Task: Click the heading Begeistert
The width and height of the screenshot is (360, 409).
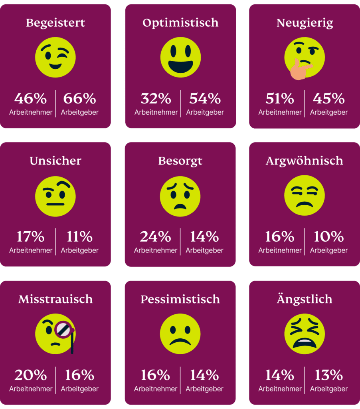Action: pyautogui.click(x=55, y=23)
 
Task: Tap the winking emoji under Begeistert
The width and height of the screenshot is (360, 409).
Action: pyautogui.click(x=55, y=57)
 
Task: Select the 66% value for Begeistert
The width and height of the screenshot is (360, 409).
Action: pyautogui.click(x=79, y=98)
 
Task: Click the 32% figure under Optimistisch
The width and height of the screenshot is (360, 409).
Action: pyautogui.click(x=156, y=98)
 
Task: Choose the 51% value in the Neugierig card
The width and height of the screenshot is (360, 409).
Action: pyautogui.click(x=280, y=98)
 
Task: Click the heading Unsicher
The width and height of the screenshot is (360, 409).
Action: pyautogui.click(x=55, y=161)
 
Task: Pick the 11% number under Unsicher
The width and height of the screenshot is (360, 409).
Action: pyautogui.click(x=79, y=237)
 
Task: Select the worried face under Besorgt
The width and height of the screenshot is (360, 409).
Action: pyautogui.click(x=180, y=196)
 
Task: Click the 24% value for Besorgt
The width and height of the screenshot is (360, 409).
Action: pyautogui.click(x=155, y=237)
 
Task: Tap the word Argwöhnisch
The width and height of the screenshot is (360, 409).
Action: pyautogui.click(x=305, y=161)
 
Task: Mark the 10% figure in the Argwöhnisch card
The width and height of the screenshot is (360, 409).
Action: pyautogui.click(x=328, y=237)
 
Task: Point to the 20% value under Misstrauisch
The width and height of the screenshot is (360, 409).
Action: pyautogui.click(x=31, y=375)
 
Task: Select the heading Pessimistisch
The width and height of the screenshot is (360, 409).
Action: pyautogui.click(x=180, y=299)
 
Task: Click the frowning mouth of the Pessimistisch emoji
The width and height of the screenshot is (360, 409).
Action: pyautogui.click(x=180, y=342)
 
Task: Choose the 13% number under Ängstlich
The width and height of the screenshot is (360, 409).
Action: pyautogui.click(x=328, y=375)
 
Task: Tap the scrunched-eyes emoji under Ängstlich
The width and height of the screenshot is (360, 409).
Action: pyautogui.click(x=305, y=334)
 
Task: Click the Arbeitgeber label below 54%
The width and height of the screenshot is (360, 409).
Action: pyautogui.click(x=205, y=112)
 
